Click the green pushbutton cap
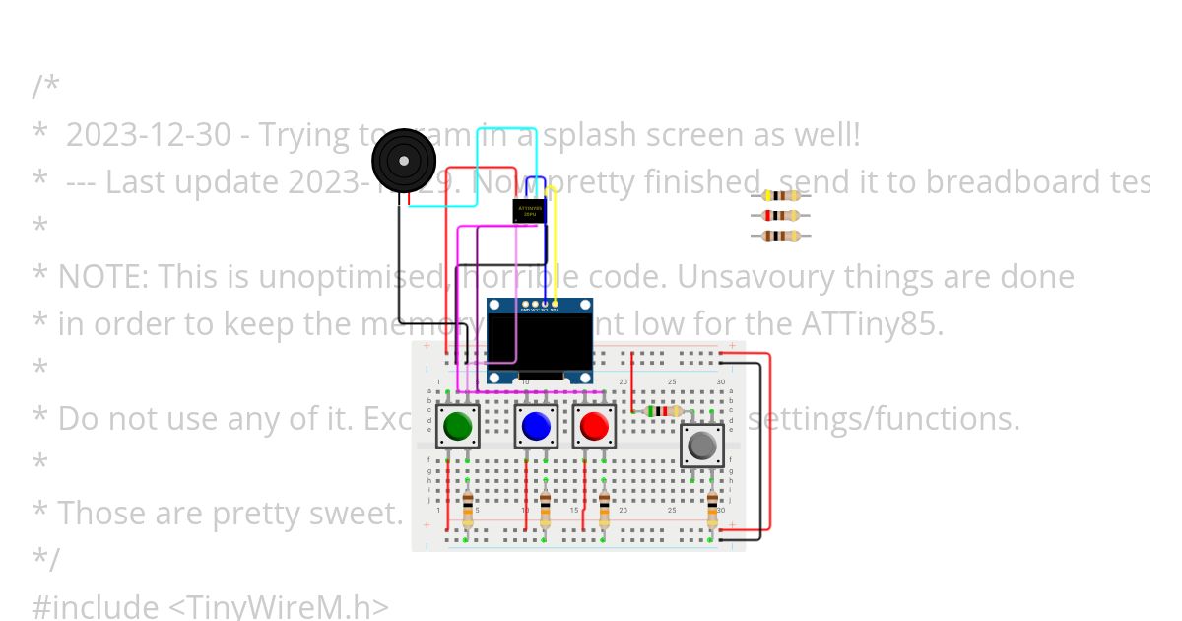click(457, 426)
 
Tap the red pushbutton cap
click(594, 426)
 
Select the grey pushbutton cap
click(702, 446)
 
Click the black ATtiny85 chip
click(529, 210)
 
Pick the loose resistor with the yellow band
click(781, 195)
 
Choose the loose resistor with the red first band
click(781, 215)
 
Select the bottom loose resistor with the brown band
click(781, 236)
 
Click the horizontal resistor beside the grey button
click(663, 411)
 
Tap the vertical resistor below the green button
click(467, 511)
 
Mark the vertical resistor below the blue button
click(545, 511)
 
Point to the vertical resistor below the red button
click(604, 511)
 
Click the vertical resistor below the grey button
click(712, 511)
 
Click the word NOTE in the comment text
click(102, 277)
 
